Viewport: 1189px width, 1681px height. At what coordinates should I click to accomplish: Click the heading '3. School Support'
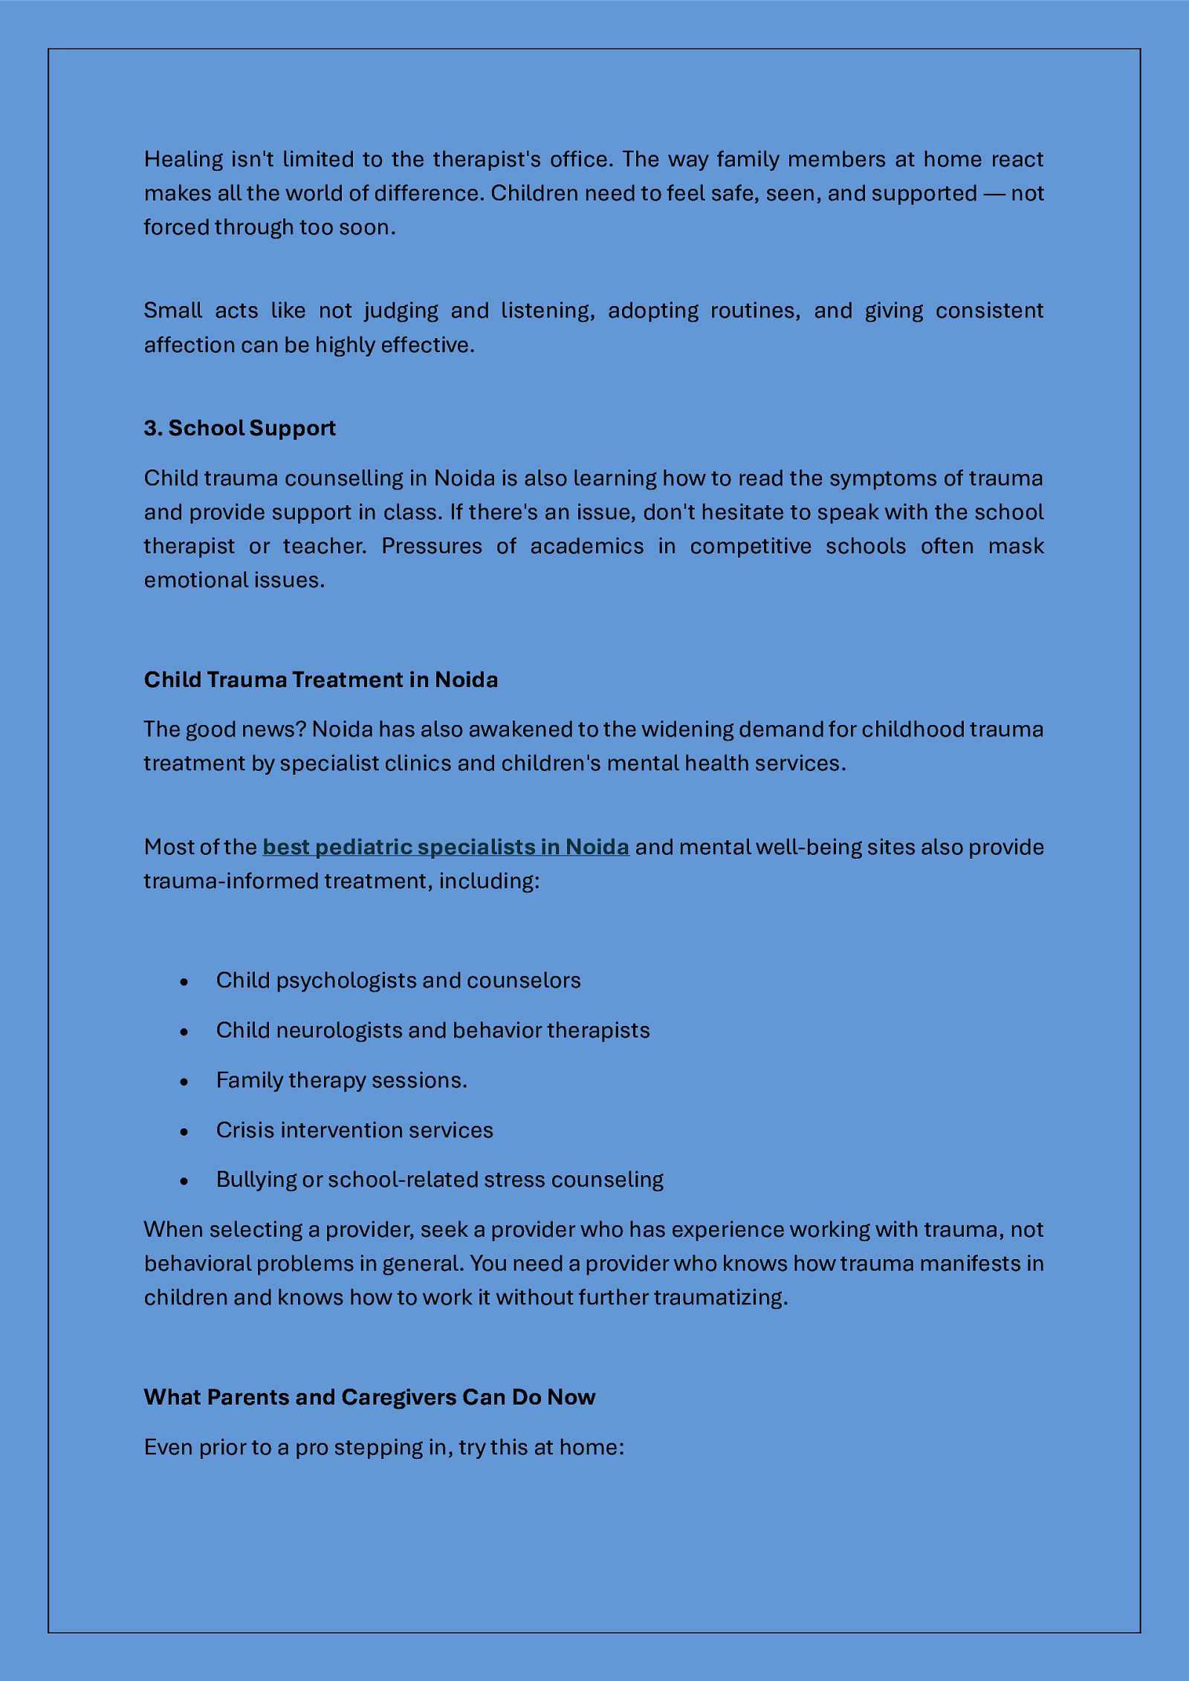pyautogui.click(x=239, y=428)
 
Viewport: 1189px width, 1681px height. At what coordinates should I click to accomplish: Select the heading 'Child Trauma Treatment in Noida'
pyautogui.click(x=320, y=680)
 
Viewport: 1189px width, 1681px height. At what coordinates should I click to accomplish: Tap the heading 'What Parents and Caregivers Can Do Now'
pyautogui.click(x=369, y=1397)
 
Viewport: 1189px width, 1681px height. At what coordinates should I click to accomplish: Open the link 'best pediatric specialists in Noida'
pyautogui.click(x=446, y=847)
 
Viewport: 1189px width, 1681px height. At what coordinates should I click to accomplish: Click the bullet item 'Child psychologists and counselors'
pyautogui.click(x=398, y=981)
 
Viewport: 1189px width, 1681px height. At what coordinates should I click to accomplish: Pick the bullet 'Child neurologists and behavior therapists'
pyautogui.click(x=432, y=1030)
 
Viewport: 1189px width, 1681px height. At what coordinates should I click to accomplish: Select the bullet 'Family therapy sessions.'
pyautogui.click(x=342, y=1080)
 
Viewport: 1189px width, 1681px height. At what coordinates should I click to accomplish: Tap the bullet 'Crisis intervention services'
pyautogui.click(x=354, y=1130)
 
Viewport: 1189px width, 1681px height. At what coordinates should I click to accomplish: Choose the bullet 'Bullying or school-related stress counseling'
pyautogui.click(x=440, y=1180)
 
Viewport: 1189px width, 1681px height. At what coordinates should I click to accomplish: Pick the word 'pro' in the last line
pyautogui.click(x=311, y=1447)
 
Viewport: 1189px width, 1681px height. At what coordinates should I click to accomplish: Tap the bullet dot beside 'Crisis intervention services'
pyautogui.click(x=184, y=1131)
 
